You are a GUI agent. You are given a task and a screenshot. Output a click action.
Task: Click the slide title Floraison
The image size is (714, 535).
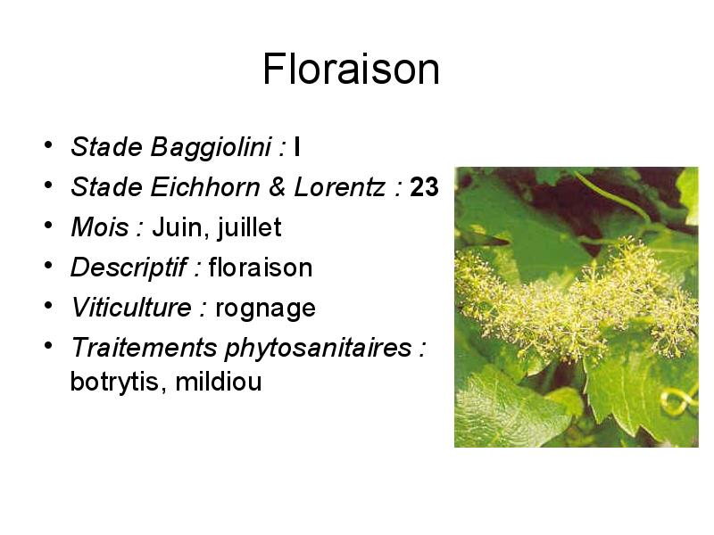point(351,69)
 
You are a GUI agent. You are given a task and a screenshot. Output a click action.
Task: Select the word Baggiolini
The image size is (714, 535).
point(211,148)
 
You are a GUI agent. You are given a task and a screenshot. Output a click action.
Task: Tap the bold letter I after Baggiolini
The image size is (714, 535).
point(297,147)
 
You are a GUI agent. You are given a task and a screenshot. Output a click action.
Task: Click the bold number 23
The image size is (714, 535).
point(424,187)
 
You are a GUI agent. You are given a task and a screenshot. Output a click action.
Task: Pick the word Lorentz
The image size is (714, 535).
point(339,187)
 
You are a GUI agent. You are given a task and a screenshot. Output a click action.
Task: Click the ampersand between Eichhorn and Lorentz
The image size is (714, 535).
point(277,187)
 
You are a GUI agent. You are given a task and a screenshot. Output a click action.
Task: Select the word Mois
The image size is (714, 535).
point(100,227)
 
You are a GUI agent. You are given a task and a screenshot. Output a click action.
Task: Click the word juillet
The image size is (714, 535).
point(250,227)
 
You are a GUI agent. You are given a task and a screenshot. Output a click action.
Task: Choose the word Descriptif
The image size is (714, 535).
point(129,267)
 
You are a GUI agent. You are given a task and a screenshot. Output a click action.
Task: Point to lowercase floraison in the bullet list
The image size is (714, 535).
point(261,267)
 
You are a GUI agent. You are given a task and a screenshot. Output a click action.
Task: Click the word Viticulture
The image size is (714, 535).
point(131,308)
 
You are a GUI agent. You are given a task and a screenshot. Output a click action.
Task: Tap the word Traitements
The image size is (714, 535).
point(144,348)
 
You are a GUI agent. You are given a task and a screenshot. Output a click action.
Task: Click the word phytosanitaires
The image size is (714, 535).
point(319,349)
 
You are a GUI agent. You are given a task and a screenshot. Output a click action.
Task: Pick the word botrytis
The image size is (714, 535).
point(114,382)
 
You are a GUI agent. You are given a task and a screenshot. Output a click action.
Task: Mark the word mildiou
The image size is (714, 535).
point(219,382)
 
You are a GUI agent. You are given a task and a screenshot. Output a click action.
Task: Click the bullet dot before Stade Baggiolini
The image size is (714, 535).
point(48,145)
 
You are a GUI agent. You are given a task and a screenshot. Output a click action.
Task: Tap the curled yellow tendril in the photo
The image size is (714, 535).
point(678,400)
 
